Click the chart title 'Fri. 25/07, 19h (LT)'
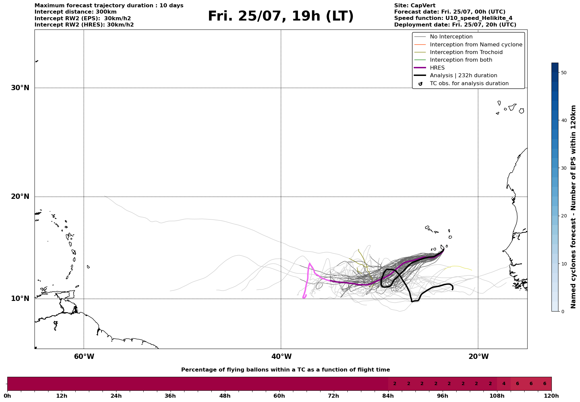point(281,16)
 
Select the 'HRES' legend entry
point(437,68)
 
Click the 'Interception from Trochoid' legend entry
point(466,52)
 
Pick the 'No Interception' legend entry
point(451,37)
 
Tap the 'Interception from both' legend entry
point(461,60)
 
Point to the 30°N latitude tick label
point(20,88)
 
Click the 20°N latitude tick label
point(20,197)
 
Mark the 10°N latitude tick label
point(20,299)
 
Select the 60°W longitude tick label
point(84,357)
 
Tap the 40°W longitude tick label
point(281,357)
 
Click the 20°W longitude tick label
point(478,357)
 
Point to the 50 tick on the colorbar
point(563,73)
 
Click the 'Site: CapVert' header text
point(414,6)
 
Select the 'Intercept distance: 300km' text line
point(75,12)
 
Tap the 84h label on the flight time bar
point(388,396)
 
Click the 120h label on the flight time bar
point(551,396)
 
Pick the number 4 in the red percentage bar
point(504,384)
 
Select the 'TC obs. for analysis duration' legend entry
point(469,84)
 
